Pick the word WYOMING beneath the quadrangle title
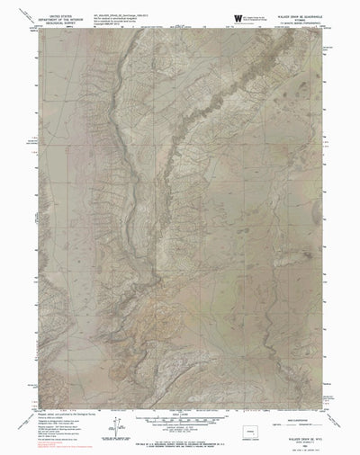[x=298, y=19]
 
